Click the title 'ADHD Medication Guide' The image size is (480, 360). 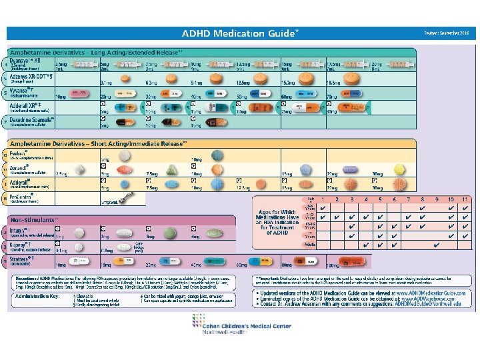[240, 33]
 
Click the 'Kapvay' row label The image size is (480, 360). [23, 246]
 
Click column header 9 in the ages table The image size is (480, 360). [436, 199]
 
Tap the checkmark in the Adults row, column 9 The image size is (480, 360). [436, 245]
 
